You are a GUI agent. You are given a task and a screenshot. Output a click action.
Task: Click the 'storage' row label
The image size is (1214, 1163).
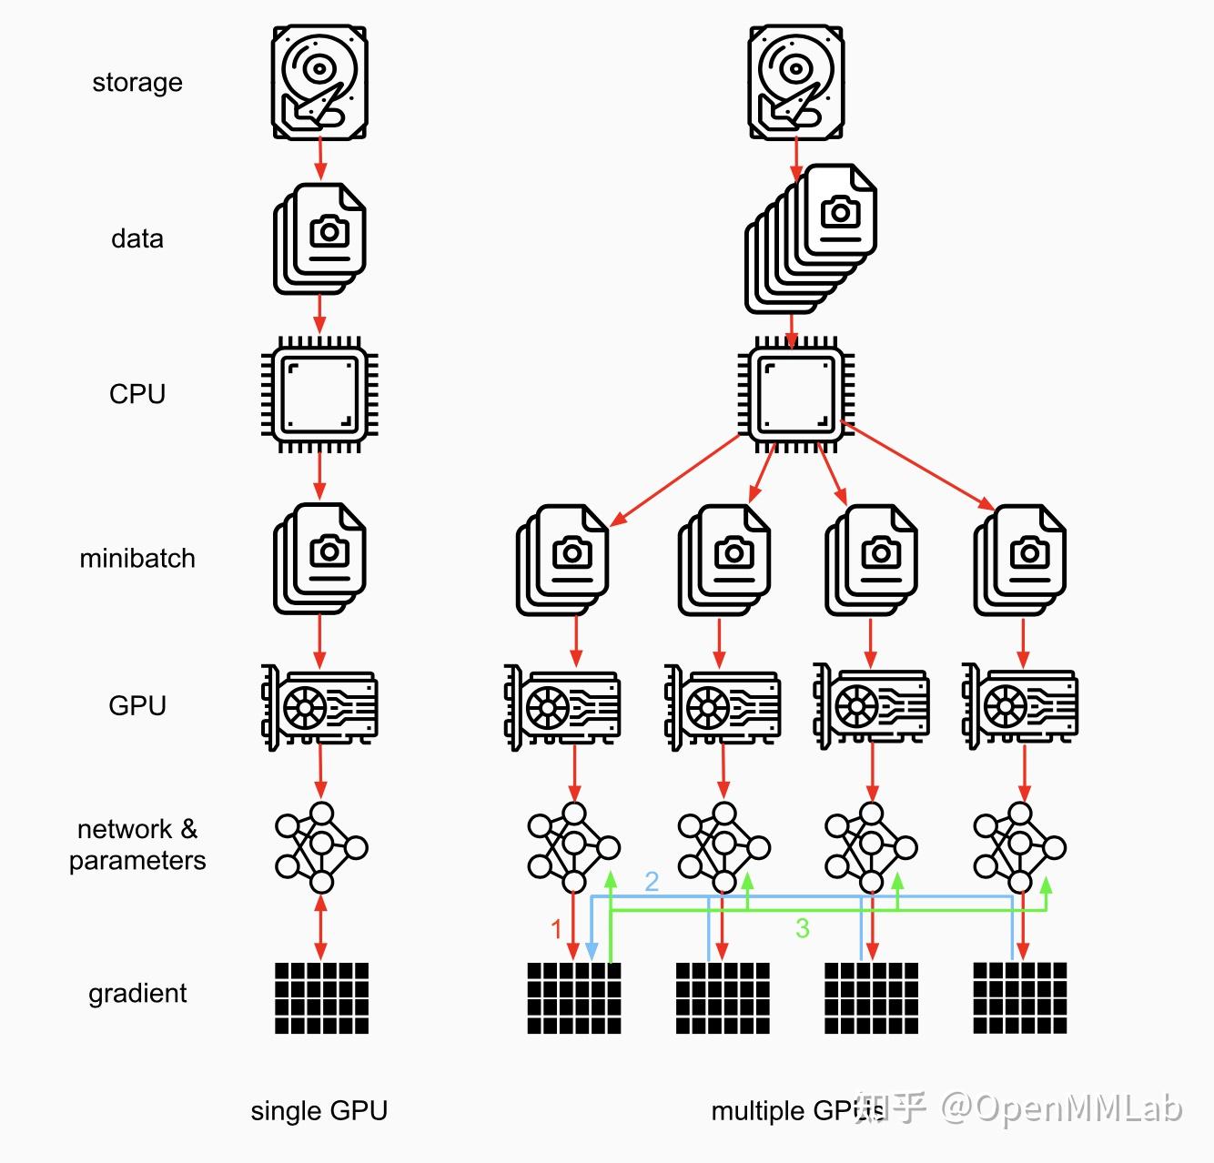coord(137,83)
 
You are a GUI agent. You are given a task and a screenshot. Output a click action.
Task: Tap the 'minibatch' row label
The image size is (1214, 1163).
coord(137,558)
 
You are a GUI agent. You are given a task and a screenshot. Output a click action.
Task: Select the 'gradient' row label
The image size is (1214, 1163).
coord(137,993)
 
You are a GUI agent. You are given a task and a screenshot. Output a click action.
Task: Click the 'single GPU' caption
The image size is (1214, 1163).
coord(319,1110)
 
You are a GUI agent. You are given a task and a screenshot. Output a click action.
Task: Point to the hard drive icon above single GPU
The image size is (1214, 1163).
coord(319,82)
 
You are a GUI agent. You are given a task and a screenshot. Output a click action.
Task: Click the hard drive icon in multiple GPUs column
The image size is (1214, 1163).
coord(795,82)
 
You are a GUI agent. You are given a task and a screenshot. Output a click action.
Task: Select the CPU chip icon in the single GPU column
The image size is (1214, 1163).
coord(319,395)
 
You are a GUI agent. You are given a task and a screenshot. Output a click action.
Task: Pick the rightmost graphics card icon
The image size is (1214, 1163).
coord(1020,706)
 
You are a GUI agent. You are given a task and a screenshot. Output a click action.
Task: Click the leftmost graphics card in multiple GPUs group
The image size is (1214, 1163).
coord(563,706)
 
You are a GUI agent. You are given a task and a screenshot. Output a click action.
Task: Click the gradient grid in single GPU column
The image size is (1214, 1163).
coord(321,998)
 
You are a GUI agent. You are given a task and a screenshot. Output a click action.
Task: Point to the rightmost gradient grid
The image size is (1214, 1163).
coord(1020,998)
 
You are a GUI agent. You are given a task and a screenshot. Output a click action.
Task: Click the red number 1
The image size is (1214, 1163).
coord(557,929)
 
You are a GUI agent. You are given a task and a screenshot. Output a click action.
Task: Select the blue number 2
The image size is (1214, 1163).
coord(652,881)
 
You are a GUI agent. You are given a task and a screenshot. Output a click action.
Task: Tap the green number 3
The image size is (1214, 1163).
coord(802,928)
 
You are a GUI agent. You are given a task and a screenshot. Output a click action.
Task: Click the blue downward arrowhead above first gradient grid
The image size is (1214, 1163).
coord(592,951)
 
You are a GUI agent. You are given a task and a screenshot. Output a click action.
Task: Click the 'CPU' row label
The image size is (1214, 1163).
coord(137,394)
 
